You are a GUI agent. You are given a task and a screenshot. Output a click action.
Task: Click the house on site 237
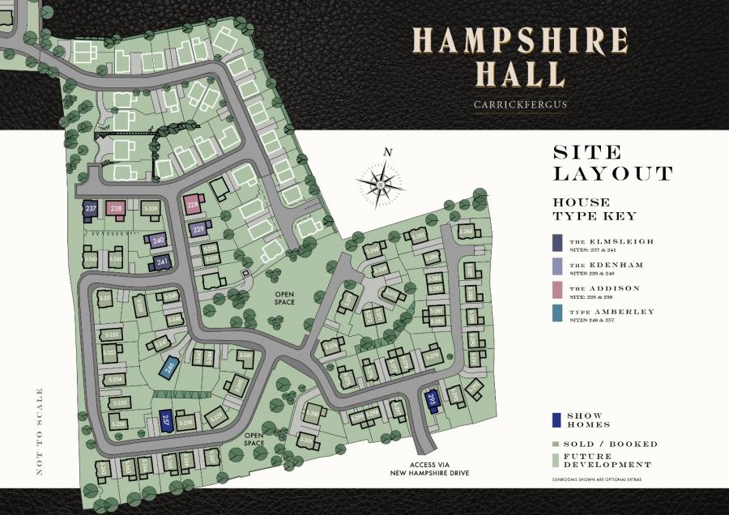[91, 209]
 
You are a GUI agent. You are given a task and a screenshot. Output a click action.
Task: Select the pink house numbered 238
[117, 209]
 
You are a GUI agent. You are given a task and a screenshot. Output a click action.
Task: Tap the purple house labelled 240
[157, 240]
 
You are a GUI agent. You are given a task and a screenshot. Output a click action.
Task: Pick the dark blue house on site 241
[162, 262]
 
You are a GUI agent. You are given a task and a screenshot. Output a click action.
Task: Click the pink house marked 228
[193, 204]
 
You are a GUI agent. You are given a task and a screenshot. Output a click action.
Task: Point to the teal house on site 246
[169, 368]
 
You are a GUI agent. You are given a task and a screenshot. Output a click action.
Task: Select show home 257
[165, 420]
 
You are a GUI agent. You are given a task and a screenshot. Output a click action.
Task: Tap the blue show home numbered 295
[432, 399]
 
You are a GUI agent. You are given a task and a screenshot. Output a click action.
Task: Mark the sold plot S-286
[466, 233]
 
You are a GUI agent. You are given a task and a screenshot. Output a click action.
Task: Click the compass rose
[381, 185]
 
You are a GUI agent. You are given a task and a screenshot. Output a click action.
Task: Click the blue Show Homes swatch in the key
[556, 419]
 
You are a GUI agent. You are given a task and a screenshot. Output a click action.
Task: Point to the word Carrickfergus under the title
[520, 104]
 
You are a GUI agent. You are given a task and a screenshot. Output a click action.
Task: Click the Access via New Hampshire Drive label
[439, 468]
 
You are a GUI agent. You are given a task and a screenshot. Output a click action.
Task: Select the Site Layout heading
[612, 162]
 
